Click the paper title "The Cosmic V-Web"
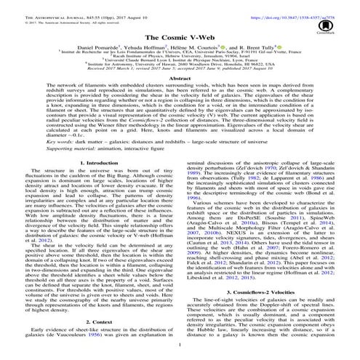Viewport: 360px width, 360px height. [180, 35]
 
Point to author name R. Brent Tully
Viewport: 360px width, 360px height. [258, 46]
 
